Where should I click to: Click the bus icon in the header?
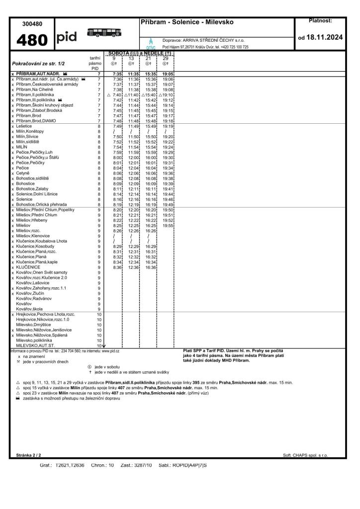(104, 32)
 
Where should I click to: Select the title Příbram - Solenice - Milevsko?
(187, 22)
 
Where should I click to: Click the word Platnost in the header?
(320, 20)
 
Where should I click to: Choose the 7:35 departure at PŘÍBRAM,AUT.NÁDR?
(117, 74)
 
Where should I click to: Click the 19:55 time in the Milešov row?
(168, 226)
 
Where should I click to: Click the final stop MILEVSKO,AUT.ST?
(35, 345)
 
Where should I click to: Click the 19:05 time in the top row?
(168, 74)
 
